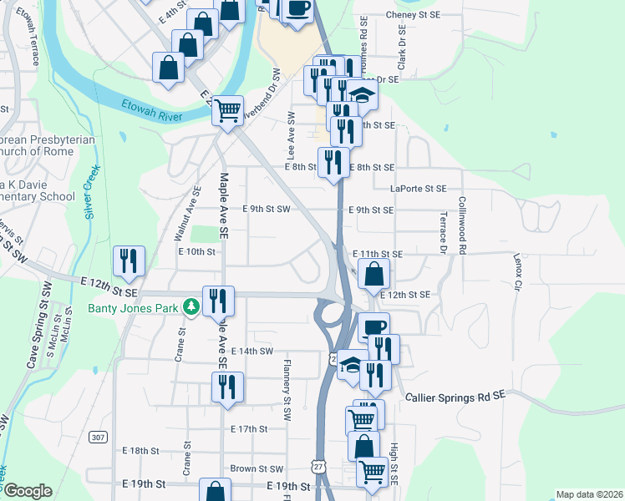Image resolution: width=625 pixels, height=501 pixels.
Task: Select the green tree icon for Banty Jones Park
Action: (x=191, y=307)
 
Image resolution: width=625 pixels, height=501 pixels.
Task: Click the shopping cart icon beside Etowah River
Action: (x=227, y=109)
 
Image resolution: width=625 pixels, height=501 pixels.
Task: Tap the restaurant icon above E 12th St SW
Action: (x=129, y=261)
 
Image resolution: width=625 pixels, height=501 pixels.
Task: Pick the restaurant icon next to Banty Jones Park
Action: (x=218, y=301)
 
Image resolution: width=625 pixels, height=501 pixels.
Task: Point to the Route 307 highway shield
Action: (x=98, y=437)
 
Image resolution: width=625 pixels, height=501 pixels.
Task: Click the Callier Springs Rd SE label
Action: (x=455, y=397)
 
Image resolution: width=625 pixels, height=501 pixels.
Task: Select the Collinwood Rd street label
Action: (x=461, y=225)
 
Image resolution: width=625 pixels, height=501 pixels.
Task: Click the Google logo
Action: (x=28, y=491)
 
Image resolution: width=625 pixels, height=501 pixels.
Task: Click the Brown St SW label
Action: (x=257, y=469)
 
